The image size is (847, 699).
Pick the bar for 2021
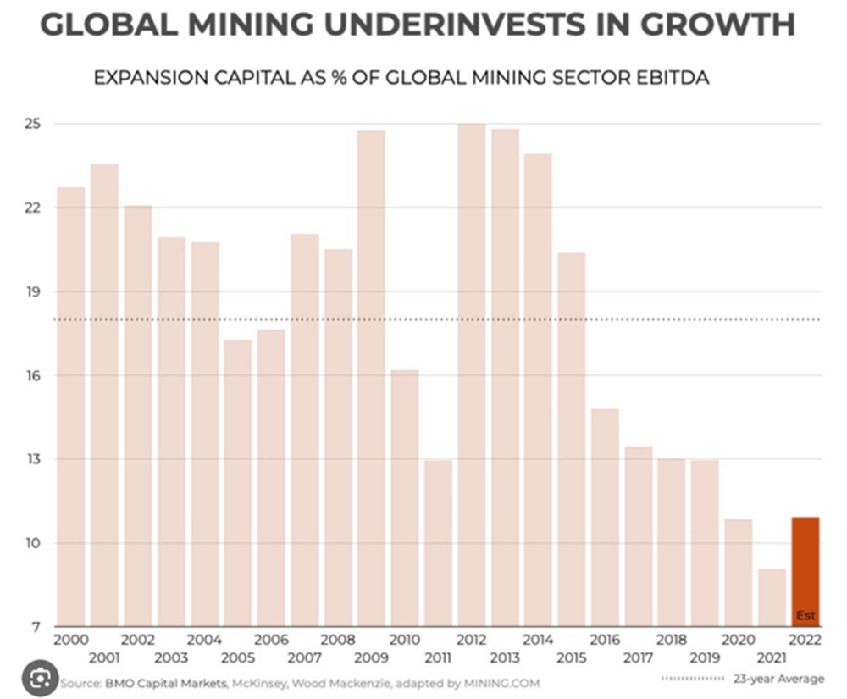pos(772,597)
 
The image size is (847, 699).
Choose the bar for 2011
pos(438,542)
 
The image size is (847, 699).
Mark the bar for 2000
pos(71,407)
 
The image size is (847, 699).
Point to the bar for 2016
pos(605,517)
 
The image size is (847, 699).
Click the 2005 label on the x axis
pos(238,657)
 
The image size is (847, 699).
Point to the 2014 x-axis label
pos(538,640)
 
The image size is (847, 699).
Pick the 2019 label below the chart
pos(704,657)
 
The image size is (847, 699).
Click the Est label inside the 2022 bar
pos(805,616)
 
